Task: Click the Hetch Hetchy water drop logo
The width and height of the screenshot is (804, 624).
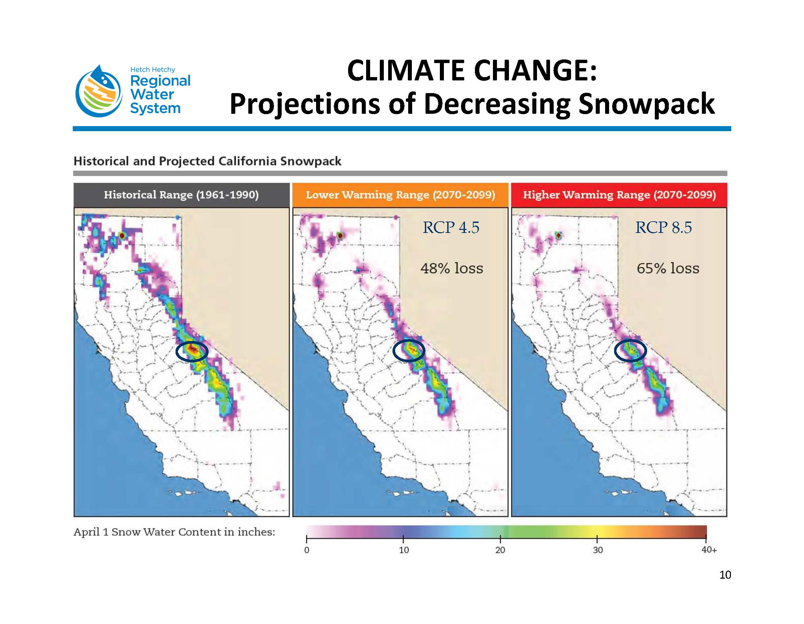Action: click(x=98, y=92)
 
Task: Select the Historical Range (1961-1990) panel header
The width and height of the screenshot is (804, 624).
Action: click(x=181, y=195)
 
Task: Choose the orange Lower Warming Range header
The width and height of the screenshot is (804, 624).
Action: click(x=400, y=195)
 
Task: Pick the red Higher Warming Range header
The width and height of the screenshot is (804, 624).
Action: click(x=619, y=195)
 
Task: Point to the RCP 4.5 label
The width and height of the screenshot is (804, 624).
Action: click(x=451, y=228)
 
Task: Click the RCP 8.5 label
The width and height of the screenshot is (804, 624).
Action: click(x=663, y=228)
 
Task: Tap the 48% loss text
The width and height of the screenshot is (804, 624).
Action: click(x=452, y=268)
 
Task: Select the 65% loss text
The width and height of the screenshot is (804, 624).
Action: click(x=668, y=268)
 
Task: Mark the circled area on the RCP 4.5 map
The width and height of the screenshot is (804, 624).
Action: click(x=409, y=351)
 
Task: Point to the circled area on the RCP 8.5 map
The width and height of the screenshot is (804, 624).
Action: click(x=630, y=350)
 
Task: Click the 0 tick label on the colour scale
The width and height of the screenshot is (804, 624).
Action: click(x=307, y=550)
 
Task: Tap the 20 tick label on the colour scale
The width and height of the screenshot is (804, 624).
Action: click(x=500, y=550)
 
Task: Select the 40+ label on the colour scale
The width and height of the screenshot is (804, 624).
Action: click(x=709, y=550)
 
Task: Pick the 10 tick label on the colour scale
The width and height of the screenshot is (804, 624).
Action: click(x=404, y=550)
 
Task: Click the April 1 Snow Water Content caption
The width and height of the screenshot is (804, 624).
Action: click(x=174, y=532)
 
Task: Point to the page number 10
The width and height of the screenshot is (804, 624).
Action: click(x=725, y=575)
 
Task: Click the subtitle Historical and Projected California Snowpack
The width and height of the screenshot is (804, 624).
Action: click(x=207, y=161)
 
